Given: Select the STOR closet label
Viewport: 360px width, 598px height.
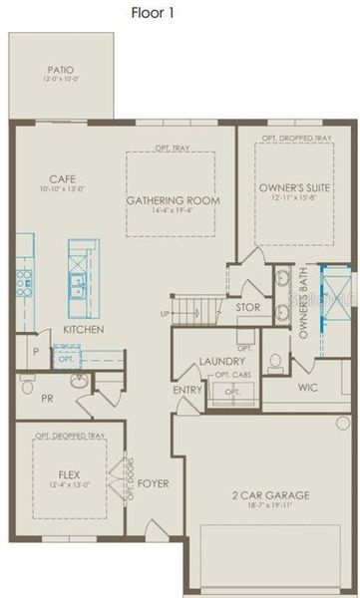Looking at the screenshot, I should (247, 308).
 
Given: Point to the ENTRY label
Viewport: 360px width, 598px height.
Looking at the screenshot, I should (186, 390).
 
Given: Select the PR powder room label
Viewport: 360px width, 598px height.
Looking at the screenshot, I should (47, 397).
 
